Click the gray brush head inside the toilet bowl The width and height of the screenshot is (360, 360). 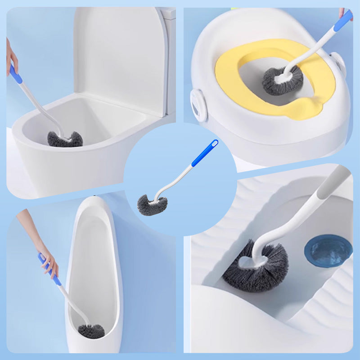(65, 140)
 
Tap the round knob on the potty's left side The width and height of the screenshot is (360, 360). (198, 104)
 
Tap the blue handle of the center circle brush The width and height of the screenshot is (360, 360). (204, 153)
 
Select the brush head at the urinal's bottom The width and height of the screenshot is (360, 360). (91, 331)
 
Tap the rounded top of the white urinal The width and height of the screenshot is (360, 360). (92, 205)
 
